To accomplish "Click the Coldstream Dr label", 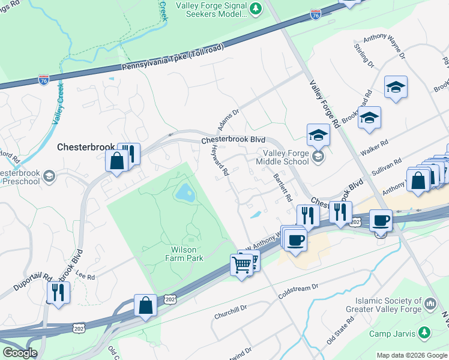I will (x=298, y=291).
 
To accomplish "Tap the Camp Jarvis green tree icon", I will (x=424, y=332).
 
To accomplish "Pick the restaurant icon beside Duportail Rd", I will (x=58, y=292).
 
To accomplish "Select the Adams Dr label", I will (x=228, y=119).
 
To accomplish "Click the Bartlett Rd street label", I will (x=282, y=188).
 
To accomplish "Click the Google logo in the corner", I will (x=19, y=353).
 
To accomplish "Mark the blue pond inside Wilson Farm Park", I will (x=184, y=193).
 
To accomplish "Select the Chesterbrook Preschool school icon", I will (x=49, y=176).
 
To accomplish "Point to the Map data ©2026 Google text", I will (x=412, y=355).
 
